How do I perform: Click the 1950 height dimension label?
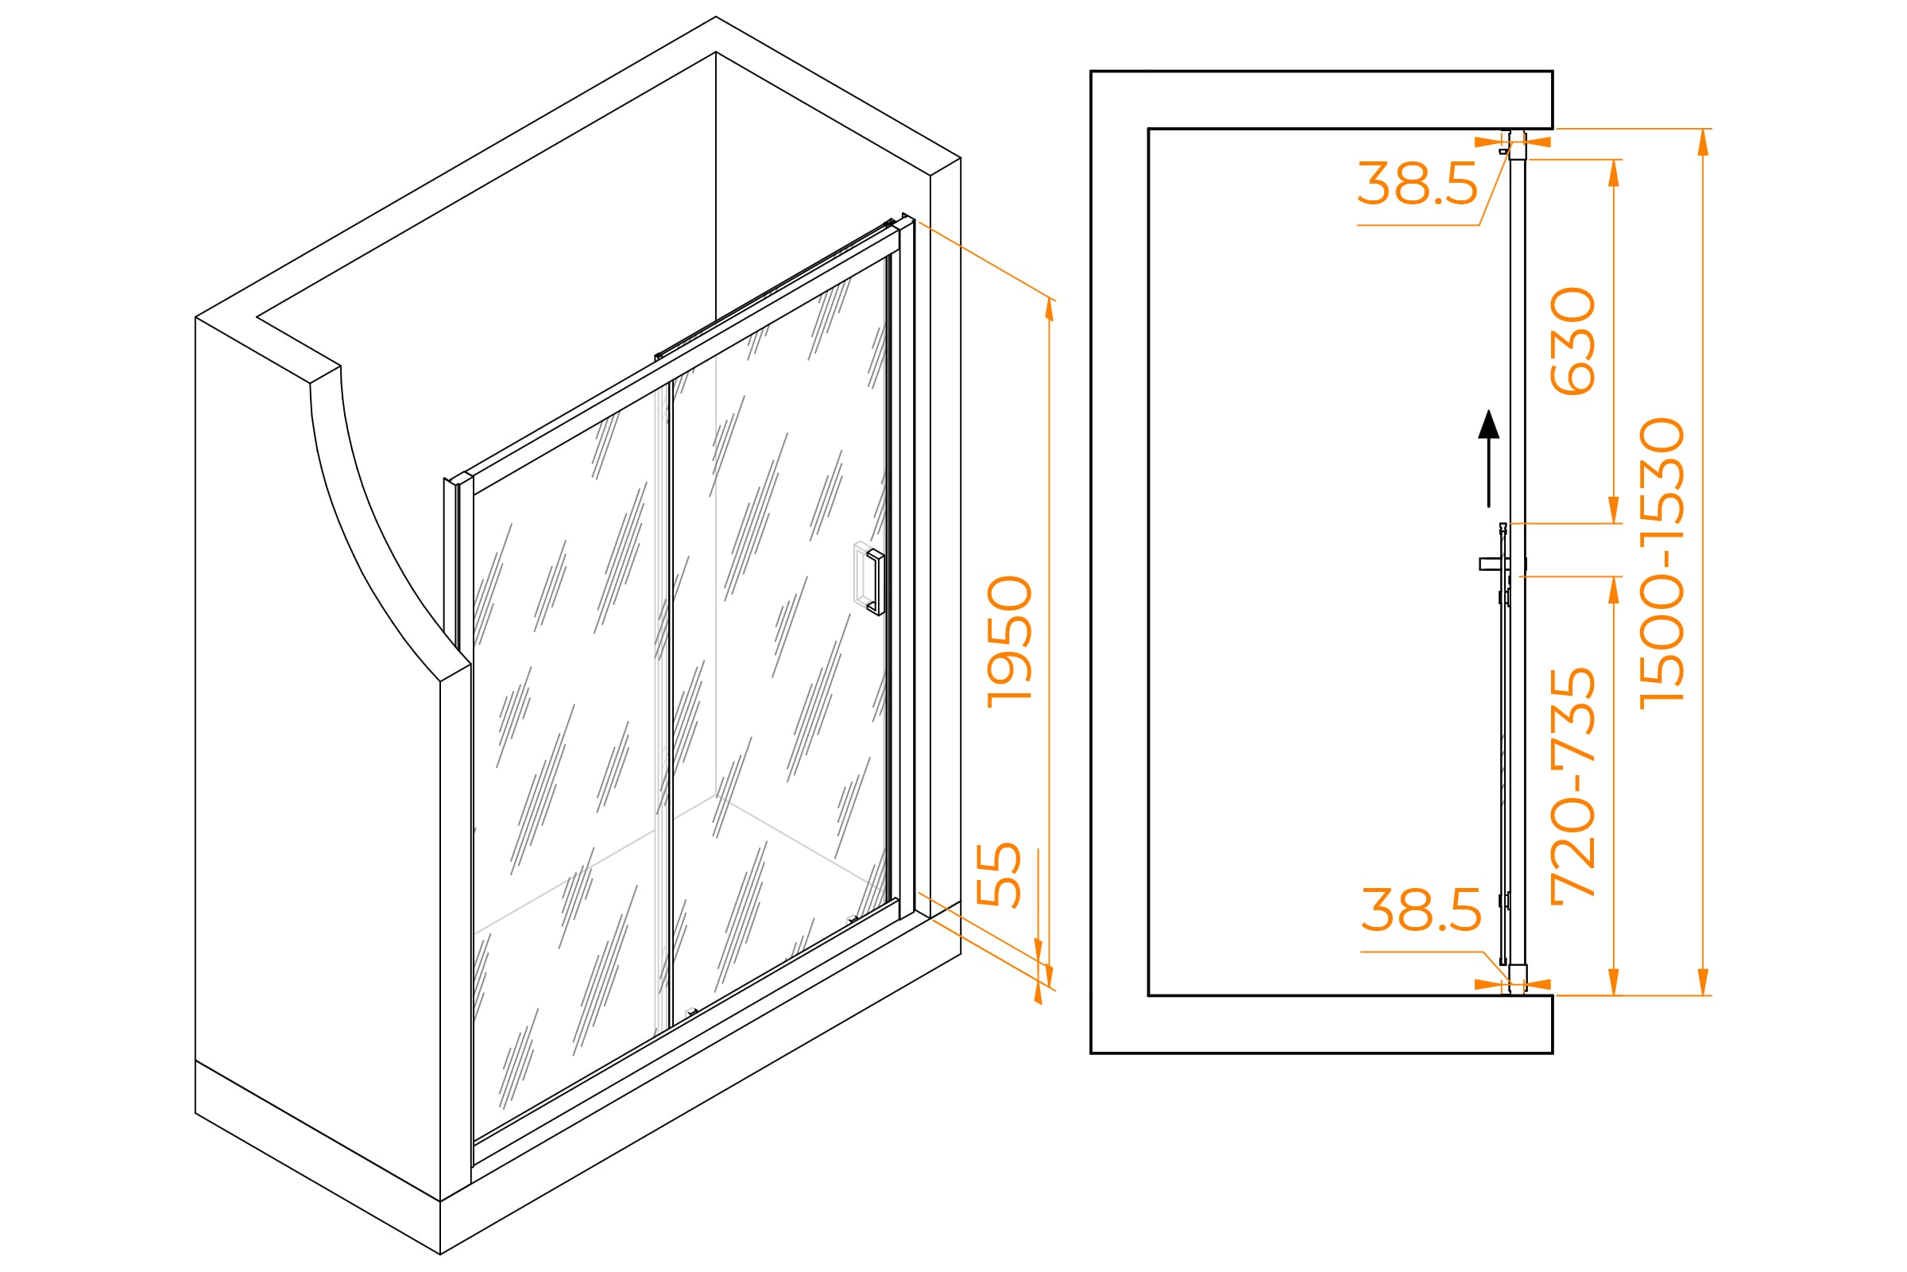click(x=1009, y=642)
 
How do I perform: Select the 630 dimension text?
click(x=1572, y=342)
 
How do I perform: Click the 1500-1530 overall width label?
click(x=1661, y=564)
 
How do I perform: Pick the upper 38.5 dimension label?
click(x=1418, y=184)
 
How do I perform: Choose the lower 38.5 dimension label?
click(x=1422, y=910)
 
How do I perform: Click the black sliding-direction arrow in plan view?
click(x=1488, y=459)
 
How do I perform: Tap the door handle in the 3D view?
click(x=874, y=582)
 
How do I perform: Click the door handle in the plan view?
click(x=1496, y=564)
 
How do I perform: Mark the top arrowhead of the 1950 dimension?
click(x=1049, y=309)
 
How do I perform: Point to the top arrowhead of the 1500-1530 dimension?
click(x=1703, y=142)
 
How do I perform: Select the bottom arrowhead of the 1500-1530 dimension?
click(x=1703, y=982)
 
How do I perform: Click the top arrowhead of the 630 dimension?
click(x=1614, y=173)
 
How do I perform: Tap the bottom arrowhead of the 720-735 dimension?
click(x=1614, y=982)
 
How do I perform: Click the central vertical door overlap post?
click(x=669, y=703)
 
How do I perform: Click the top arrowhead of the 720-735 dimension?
click(x=1614, y=590)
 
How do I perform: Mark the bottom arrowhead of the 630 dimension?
click(x=1614, y=510)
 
